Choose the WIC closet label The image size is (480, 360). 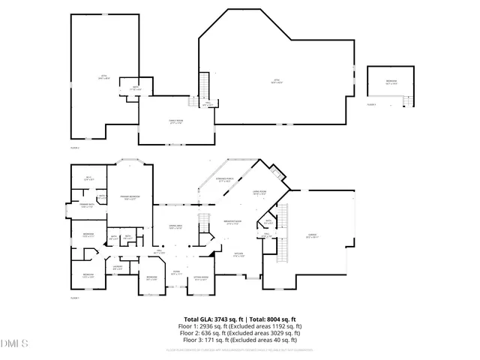click(x=87, y=178)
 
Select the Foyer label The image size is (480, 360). click(x=175, y=274)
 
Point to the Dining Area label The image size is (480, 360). click(x=175, y=227)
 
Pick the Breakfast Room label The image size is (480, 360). click(x=232, y=223)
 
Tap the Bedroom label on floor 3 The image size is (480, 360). click(x=391, y=82)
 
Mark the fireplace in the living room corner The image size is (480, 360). click(x=278, y=174)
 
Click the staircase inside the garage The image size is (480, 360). click(x=283, y=248)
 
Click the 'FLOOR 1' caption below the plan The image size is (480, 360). click(x=74, y=298)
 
